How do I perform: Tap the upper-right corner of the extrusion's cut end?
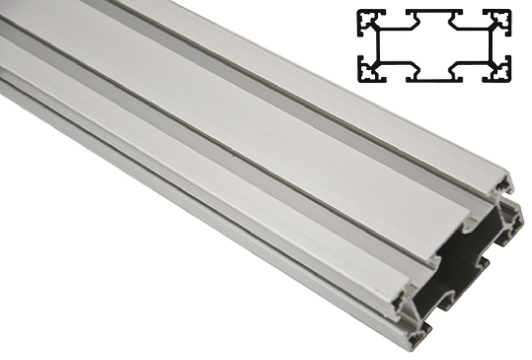tap(511, 177)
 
